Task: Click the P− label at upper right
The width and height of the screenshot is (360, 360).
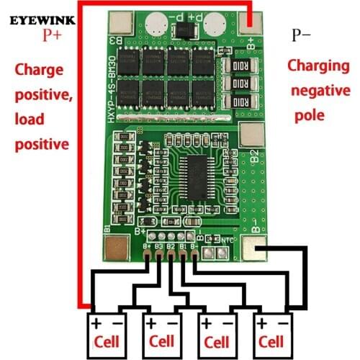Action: point(302,34)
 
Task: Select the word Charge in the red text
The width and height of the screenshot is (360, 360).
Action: point(40,71)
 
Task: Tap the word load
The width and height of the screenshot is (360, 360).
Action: point(30,120)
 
